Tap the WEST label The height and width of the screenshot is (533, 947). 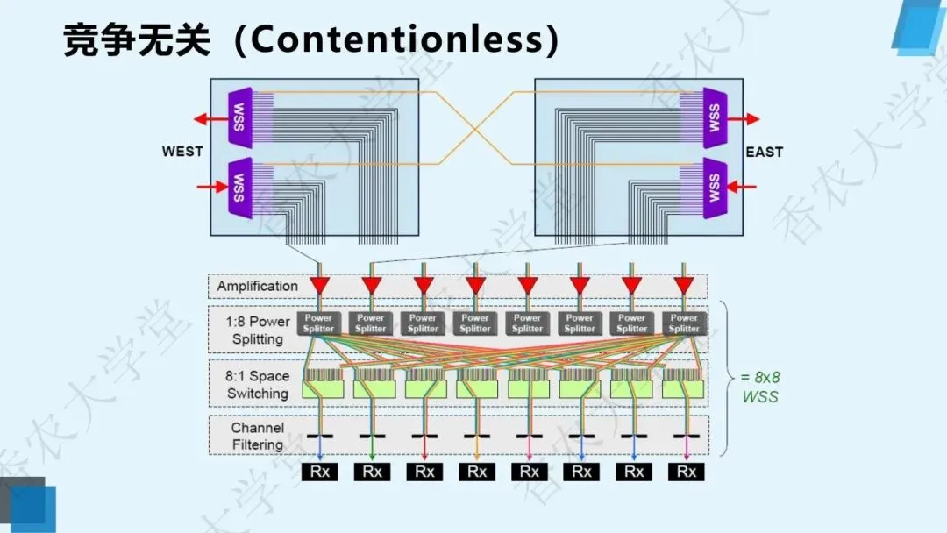pos(182,152)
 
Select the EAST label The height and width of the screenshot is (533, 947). pos(765,152)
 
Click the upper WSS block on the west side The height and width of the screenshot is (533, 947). pos(239,116)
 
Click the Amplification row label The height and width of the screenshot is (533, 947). pos(258,286)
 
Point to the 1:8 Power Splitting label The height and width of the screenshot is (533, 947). pos(257,330)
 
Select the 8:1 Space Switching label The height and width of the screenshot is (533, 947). pos(257,385)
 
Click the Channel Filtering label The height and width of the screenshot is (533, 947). pos(258,436)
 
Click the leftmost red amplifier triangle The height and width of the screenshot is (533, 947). pos(320,286)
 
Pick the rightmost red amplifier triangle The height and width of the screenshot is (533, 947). pos(684,286)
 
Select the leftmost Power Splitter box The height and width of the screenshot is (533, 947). pos(318,323)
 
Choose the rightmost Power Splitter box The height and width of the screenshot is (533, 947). pos(684,323)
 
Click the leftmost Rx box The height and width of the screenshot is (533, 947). pos(320,472)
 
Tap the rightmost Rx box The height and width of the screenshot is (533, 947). pos(687,472)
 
